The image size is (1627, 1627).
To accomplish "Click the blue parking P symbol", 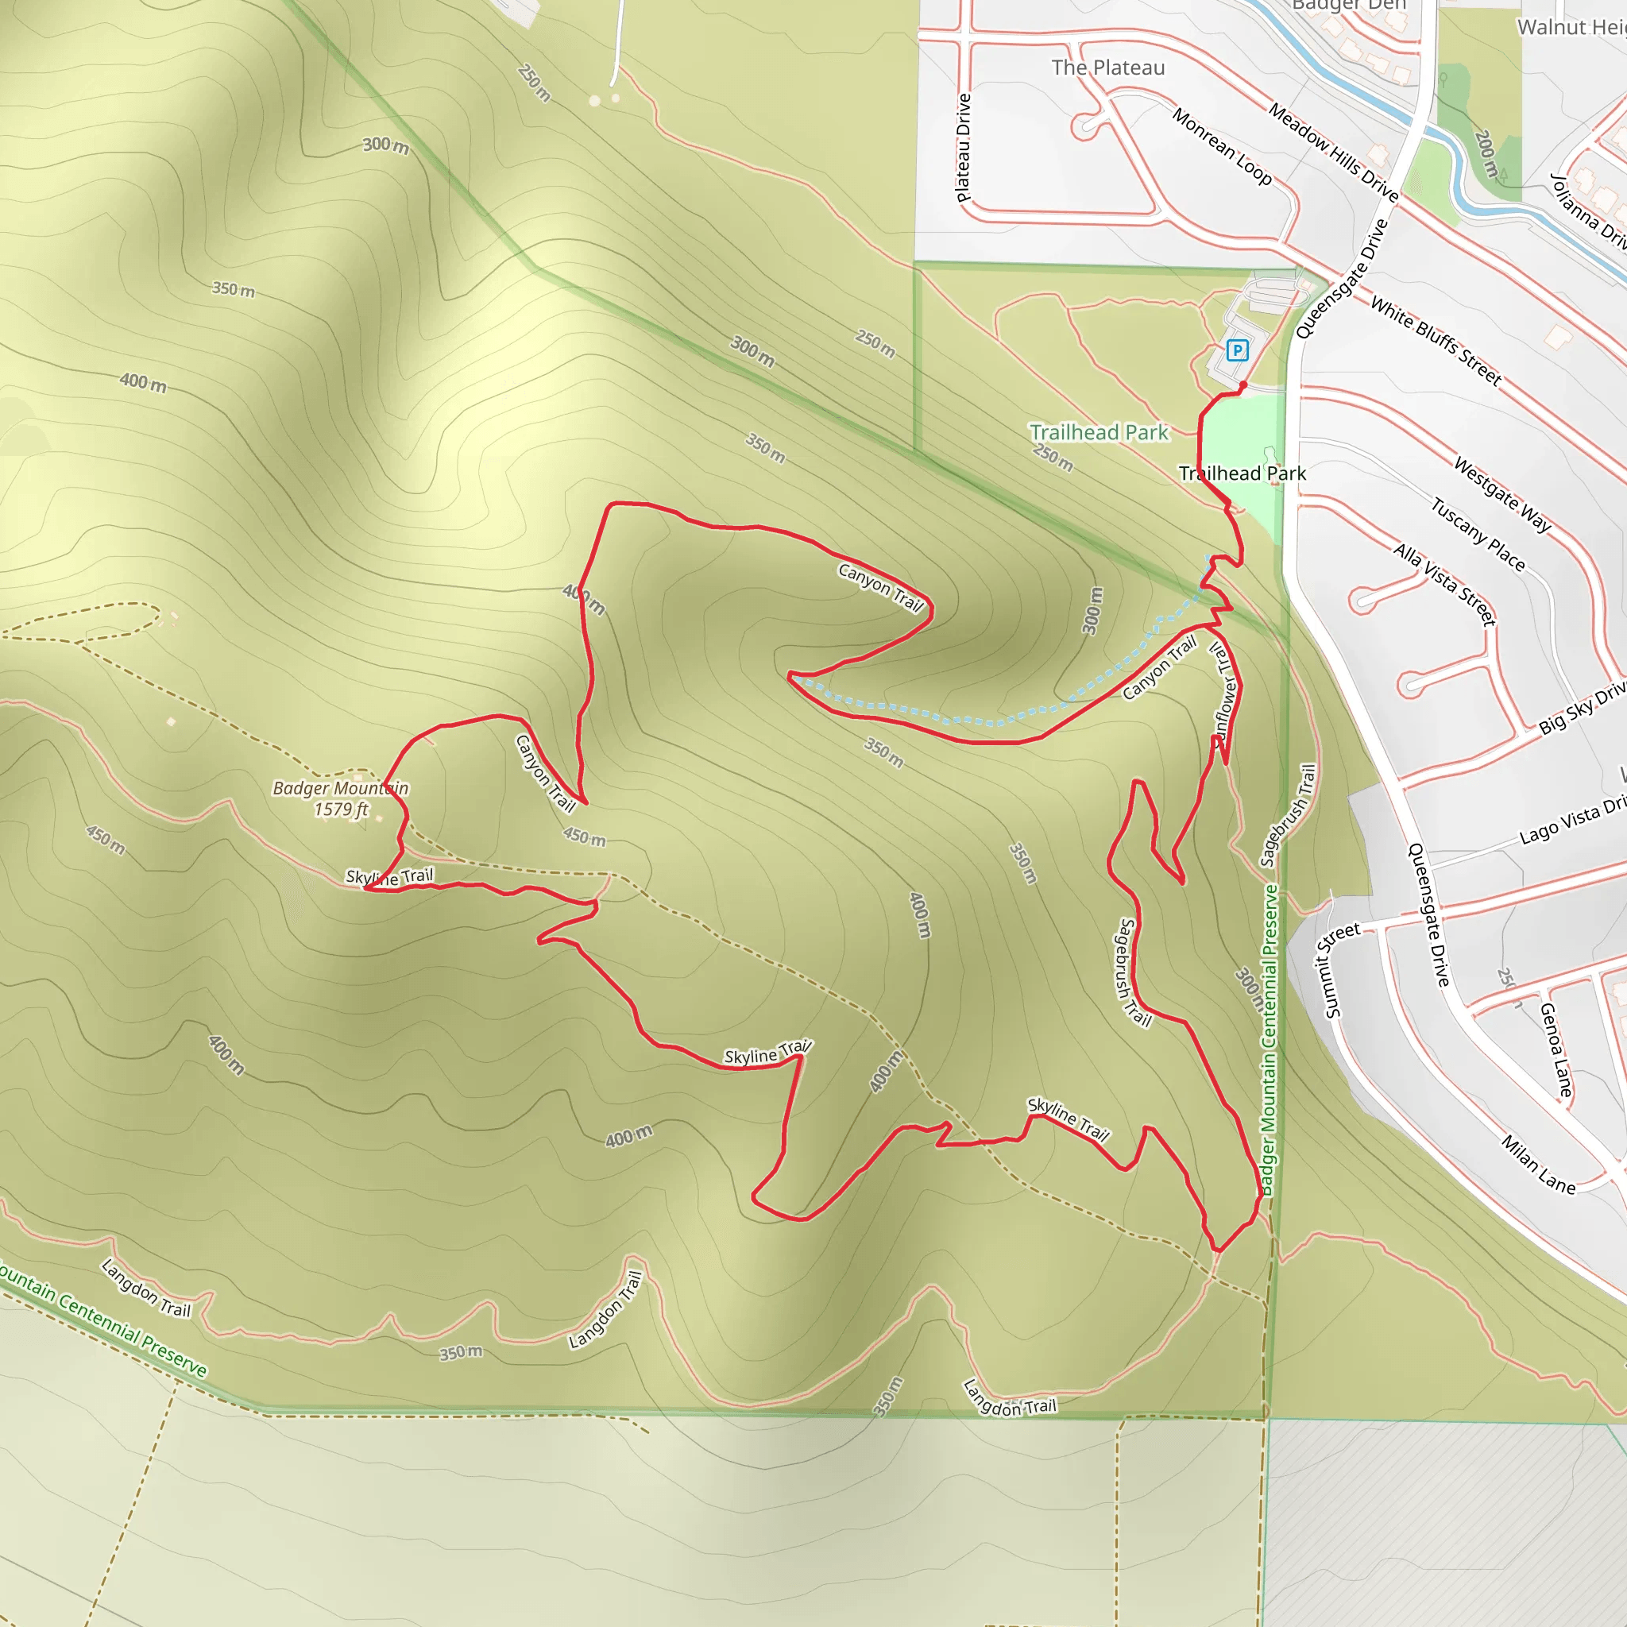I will click(x=1237, y=350).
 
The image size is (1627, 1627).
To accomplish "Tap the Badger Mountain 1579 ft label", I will click(x=341, y=798).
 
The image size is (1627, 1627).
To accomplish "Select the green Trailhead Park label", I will click(x=1099, y=433).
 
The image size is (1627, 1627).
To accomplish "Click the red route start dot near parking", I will click(x=1243, y=385).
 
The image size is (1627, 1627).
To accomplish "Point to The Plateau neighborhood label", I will click(x=1108, y=68).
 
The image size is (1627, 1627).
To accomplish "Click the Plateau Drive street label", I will click(x=964, y=148).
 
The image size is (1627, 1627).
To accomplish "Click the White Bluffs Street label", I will click(x=1436, y=341).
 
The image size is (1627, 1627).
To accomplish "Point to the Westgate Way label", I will click(x=1503, y=494).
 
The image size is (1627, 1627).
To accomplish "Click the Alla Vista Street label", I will click(x=1445, y=585).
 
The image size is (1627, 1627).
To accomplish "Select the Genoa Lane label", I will click(x=1556, y=1049).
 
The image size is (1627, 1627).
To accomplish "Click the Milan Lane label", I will click(x=1538, y=1165).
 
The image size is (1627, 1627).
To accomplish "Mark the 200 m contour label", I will click(x=1487, y=154).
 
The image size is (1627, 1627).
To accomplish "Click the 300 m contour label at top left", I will click(x=385, y=145).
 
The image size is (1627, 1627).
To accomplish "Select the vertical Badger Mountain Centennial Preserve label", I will click(x=1269, y=1040).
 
